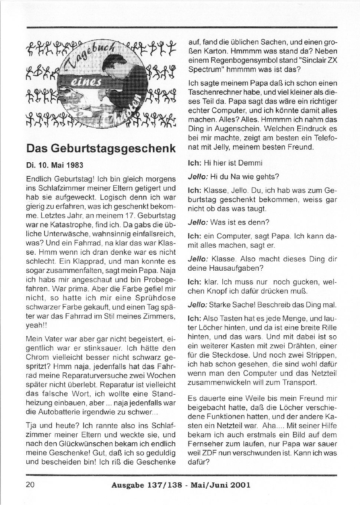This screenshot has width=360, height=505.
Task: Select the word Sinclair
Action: click(x=305, y=60)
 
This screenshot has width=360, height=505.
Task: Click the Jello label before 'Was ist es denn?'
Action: click(x=197, y=222)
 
